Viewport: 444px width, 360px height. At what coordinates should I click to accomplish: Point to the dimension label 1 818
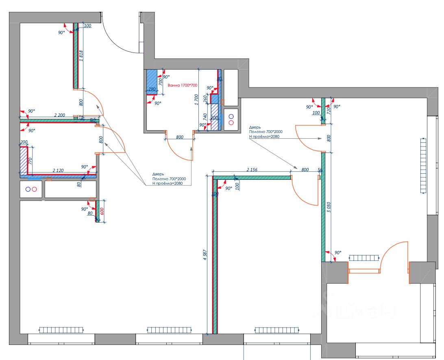click(81, 56)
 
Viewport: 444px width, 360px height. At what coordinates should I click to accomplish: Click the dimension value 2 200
click(59, 116)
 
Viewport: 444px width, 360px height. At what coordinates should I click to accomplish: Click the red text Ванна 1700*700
click(182, 85)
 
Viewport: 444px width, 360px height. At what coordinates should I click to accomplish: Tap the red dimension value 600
click(102, 212)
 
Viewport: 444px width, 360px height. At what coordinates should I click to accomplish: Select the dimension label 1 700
click(197, 99)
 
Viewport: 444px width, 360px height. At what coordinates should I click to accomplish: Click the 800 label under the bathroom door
click(180, 137)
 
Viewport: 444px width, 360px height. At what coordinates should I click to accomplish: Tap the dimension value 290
click(152, 89)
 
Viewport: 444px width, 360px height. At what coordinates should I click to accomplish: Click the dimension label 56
click(320, 170)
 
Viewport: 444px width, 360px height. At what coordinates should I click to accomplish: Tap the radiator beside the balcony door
click(364, 258)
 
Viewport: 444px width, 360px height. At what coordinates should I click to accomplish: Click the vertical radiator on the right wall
click(423, 166)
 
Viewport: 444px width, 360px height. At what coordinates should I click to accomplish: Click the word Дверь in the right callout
click(255, 127)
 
